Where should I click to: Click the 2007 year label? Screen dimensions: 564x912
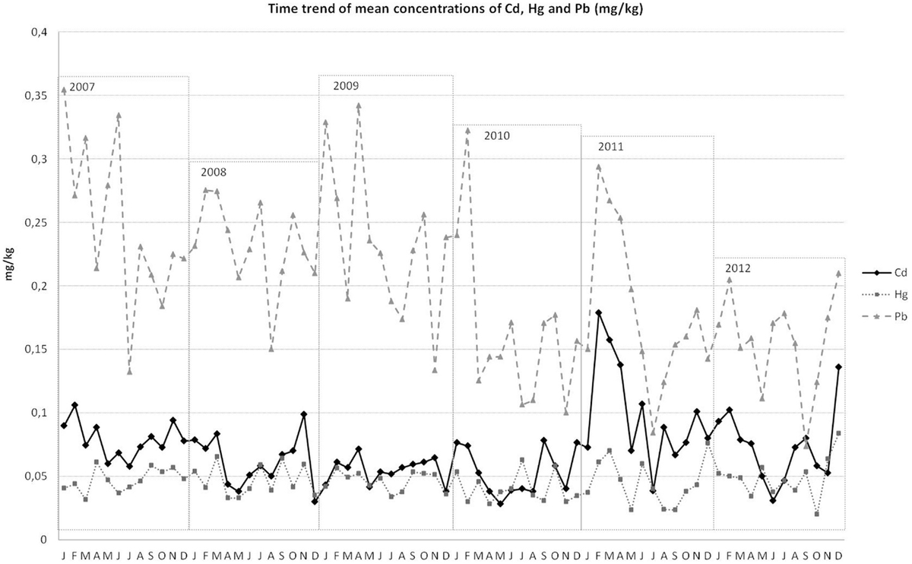[x=82, y=87]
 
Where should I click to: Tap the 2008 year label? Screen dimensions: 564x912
[x=214, y=172]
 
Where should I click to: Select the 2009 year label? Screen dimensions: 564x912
[x=346, y=86]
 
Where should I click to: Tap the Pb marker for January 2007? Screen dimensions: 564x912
[x=64, y=90]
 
